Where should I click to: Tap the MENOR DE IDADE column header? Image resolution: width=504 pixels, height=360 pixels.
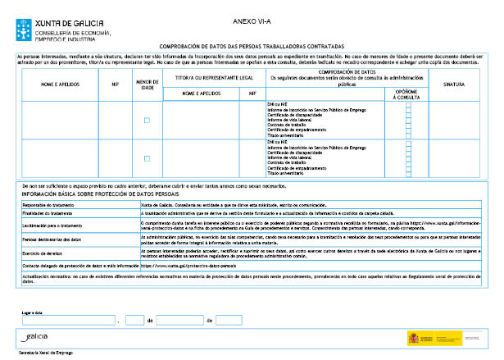(x=147, y=83)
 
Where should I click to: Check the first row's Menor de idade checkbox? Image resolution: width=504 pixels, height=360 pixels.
(x=147, y=121)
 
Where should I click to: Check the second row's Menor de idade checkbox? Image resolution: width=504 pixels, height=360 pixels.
(x=147, y=158)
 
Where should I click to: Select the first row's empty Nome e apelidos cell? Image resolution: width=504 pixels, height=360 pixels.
(x=58, y=121)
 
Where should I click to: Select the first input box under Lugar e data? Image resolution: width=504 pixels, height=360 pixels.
(x=69, y=321)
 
